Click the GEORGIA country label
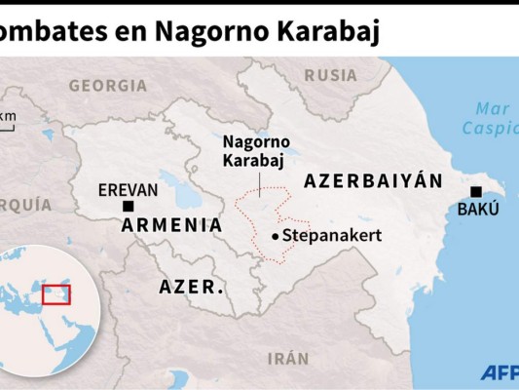point(107,86)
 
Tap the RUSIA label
point(330,75)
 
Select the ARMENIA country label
point(170,225)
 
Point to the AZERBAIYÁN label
point(373,181)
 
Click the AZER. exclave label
point(192,288)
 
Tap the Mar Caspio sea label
point(492,118)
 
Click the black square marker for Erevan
point(128,206)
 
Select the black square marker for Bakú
point(475,191)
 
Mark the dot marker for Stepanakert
point(276,237)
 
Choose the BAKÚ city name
point(477,210)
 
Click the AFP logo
point(499,372)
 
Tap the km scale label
point(9,118)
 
